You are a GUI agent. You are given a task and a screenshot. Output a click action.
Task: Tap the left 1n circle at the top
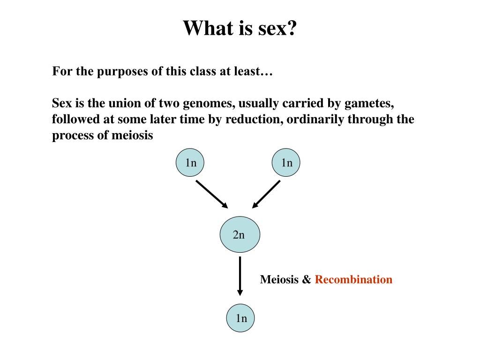(x=190, y=163)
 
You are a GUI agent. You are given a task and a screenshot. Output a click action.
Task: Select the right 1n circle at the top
(x=286, y=163)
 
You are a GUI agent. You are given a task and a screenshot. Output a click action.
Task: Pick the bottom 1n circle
(x=241, y=319)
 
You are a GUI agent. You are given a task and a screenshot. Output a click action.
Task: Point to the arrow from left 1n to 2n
(x=211, y=194)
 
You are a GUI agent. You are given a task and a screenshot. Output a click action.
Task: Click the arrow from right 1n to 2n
(x=266, y=194)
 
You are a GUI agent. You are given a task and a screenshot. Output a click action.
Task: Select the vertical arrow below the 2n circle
(x=240, y=276)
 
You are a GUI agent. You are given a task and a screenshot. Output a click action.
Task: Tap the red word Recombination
(x=353, y=280)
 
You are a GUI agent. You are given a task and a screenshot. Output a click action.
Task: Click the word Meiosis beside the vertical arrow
(x=279, y=280)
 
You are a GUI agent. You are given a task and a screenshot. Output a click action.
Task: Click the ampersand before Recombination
(x=307, y=280)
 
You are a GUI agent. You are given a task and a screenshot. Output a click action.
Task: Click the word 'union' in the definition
(x=124, y=103)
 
